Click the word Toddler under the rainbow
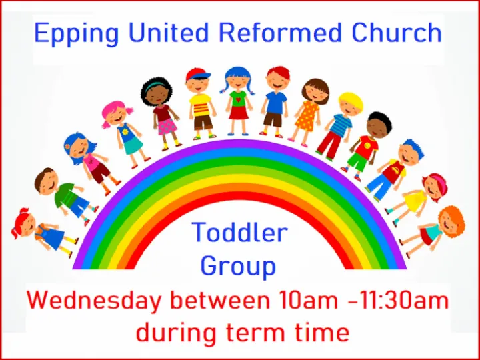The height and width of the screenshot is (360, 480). [x=240, y=233]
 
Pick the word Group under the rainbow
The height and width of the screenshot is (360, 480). [x=238, y=266]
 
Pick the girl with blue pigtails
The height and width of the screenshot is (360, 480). [x=237, y=100]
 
